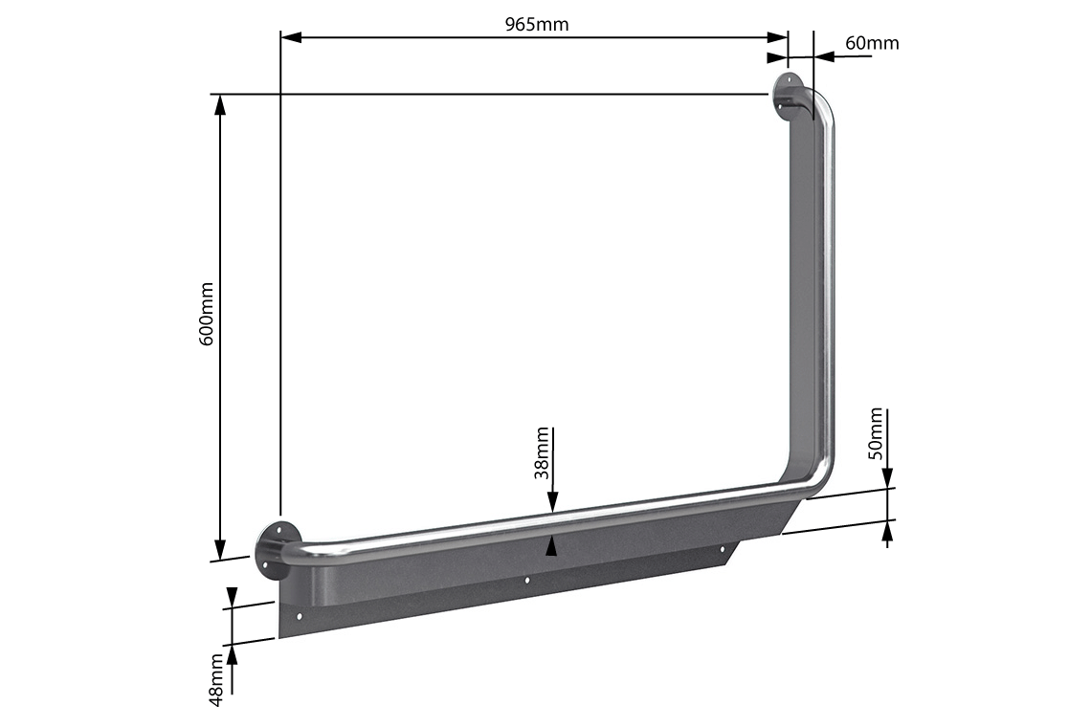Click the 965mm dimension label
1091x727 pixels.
pyautogui.click(x=537, y=24)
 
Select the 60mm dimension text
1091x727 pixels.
pyautogui.click(x=872, y=43)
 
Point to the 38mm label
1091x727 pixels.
pyautogui.click(x=543, y=452)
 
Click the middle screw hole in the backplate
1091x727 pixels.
pyautogui.click(x=527, y=580)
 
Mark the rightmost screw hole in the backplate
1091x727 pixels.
pyautogui.click(x=723, y=549)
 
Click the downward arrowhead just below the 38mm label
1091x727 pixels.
pyautogui.click(x=551, y=501)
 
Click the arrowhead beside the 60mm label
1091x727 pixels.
pyautogui.click(x=824, y=56)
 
